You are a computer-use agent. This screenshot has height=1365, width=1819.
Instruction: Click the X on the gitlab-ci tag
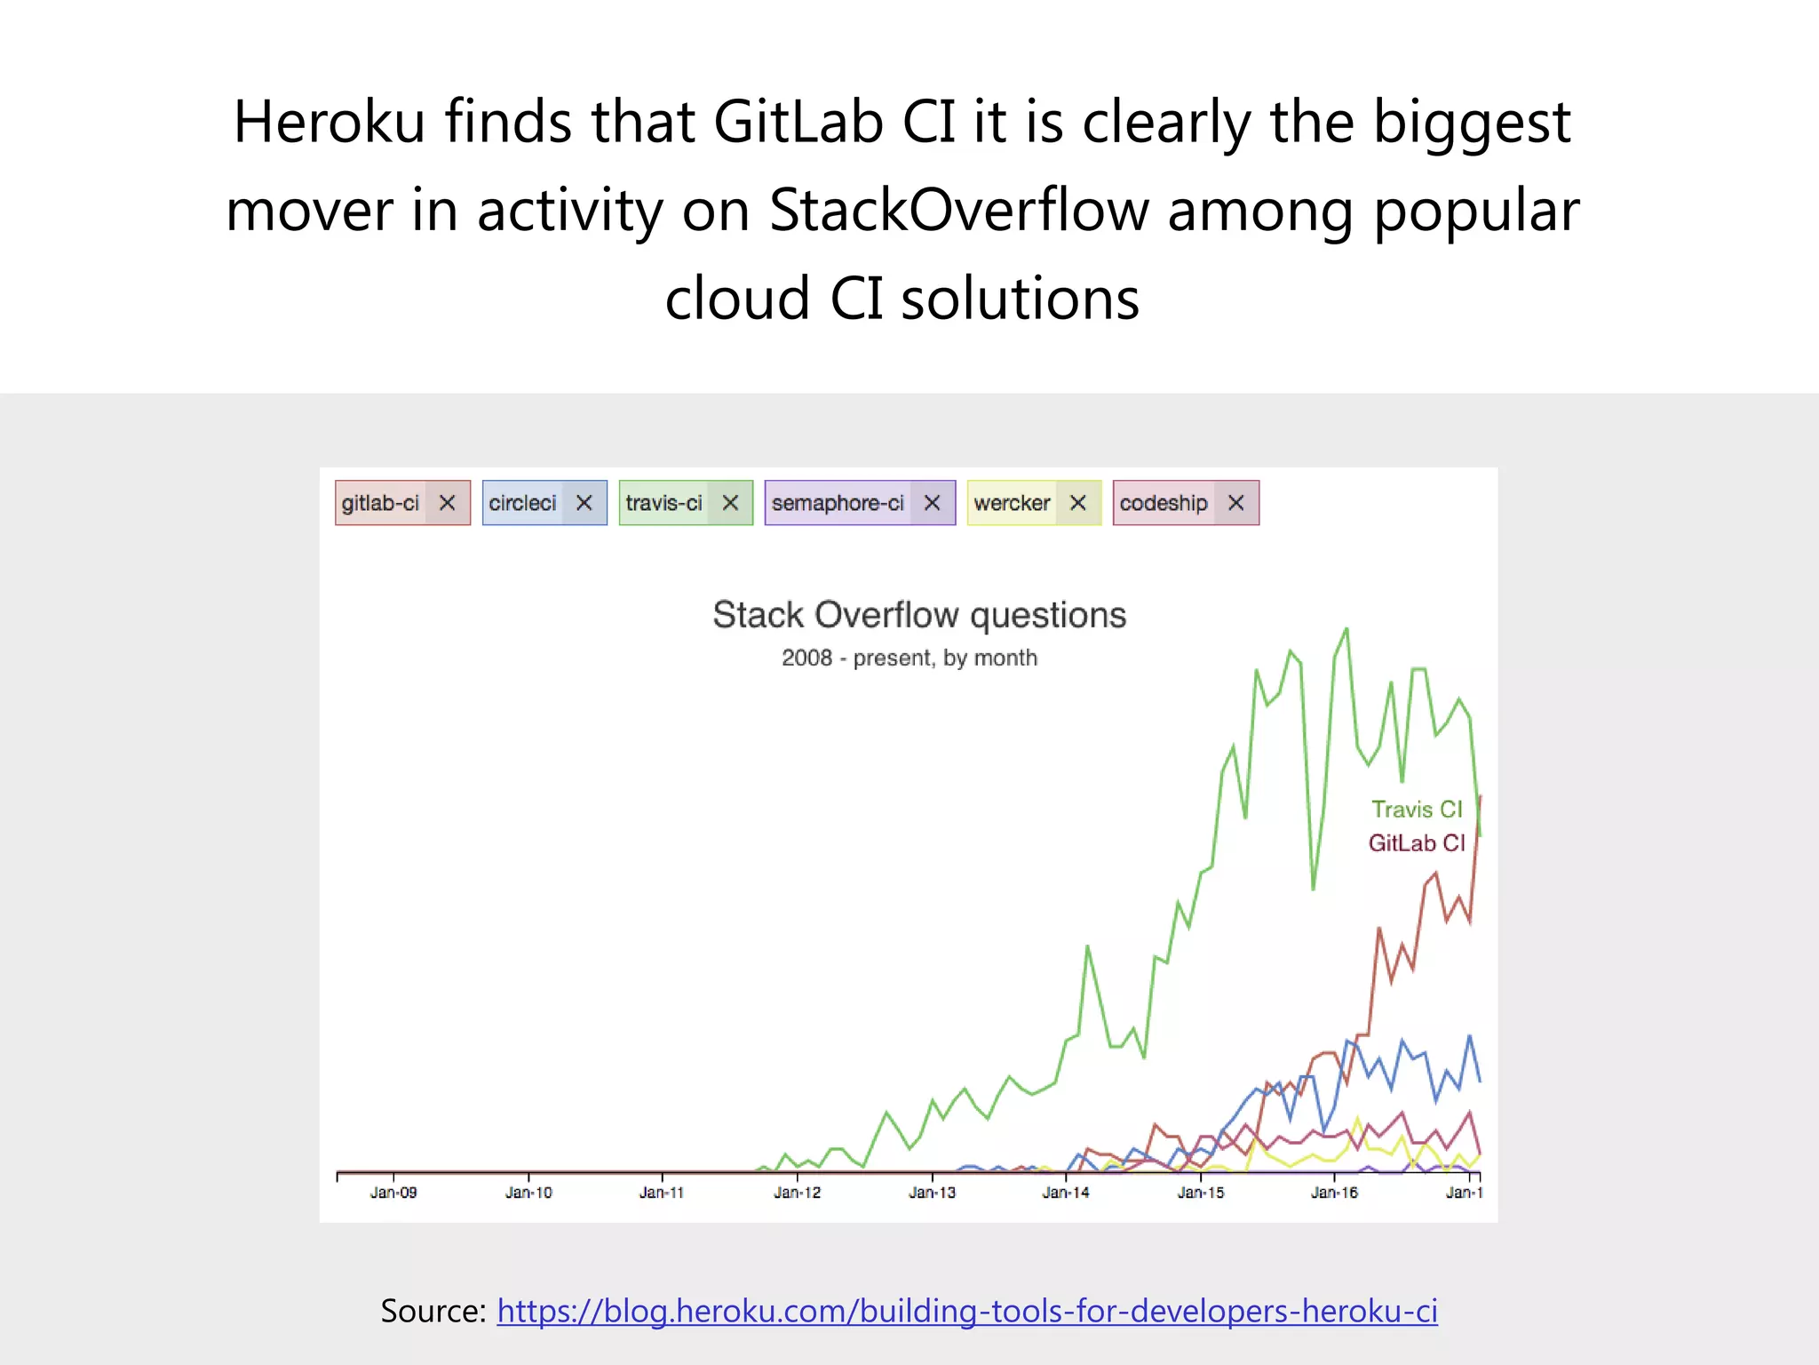click(448, 503)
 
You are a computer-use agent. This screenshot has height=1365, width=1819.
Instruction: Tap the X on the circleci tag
click(584, 503)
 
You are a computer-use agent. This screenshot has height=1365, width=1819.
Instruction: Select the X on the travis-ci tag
click(730, 503)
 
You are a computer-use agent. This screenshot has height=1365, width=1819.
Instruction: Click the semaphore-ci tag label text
click(837, 503)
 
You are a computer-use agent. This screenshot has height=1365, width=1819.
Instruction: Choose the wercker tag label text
click(1012, 503)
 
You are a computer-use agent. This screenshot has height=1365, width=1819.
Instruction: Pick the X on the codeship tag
click(1235, 503)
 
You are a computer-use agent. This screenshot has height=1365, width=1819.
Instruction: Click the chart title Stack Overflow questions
click(919, 615)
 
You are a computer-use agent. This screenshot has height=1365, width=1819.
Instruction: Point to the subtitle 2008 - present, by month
click(909, 658)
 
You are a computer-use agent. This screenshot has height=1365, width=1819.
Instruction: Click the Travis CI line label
click(1416, 810)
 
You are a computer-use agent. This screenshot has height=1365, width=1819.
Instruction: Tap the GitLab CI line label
click(1416, 842)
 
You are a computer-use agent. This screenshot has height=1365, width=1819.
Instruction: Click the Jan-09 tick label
click(393, 1193)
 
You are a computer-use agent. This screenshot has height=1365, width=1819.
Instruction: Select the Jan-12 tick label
click(798, 1193)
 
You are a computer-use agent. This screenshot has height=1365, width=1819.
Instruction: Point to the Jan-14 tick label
click(1066, 1193)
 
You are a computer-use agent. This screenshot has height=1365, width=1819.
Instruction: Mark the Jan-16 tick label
click(1334, 1193)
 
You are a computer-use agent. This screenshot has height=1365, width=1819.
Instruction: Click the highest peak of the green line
click(1346, 630)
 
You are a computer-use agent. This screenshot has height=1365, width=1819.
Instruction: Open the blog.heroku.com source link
click(966, 1311)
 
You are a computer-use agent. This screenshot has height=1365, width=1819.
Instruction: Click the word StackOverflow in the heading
click(958, 211)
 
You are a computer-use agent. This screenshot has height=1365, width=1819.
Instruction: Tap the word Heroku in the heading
click(329, 122)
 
